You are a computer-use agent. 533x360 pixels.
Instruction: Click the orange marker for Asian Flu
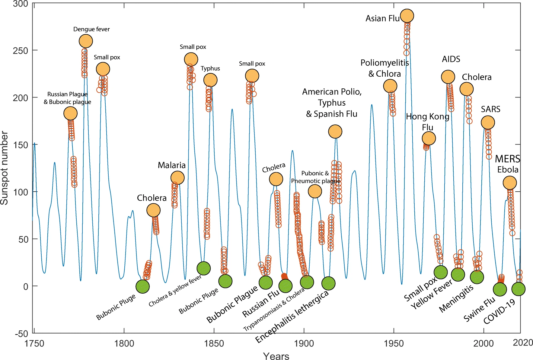coord(407,16)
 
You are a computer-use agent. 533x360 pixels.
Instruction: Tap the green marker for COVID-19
coord(519,289)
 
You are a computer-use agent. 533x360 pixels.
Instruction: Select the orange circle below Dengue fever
coord(86,41)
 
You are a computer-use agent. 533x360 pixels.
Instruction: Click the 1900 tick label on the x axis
coord(304,343)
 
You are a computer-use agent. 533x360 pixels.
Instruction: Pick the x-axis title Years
coord(276,356)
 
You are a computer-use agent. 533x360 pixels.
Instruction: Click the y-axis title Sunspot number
coord(4,168)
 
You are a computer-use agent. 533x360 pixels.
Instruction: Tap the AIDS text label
coord(451,59)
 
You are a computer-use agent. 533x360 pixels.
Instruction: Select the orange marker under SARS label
coord(488,123)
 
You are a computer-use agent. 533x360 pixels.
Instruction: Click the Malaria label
coord(171,165)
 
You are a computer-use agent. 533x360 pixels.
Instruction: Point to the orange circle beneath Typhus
coord(210,80)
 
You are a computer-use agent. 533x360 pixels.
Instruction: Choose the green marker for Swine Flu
coord(500,289)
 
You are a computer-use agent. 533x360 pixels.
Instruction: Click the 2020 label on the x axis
coord(523,342)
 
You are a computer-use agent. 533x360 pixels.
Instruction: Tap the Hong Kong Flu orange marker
coord(429,139)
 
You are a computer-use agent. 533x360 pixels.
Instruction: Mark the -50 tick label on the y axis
coord(21,334)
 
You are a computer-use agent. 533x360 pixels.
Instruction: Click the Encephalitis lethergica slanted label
coord(292,317)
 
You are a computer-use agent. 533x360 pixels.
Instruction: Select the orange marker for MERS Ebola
coord(510,183)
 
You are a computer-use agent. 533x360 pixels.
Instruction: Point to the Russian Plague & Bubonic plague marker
coord(70,113)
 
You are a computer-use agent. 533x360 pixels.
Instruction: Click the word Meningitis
coord(456,299)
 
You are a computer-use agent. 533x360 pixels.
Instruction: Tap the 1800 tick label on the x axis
coord(124,343)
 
